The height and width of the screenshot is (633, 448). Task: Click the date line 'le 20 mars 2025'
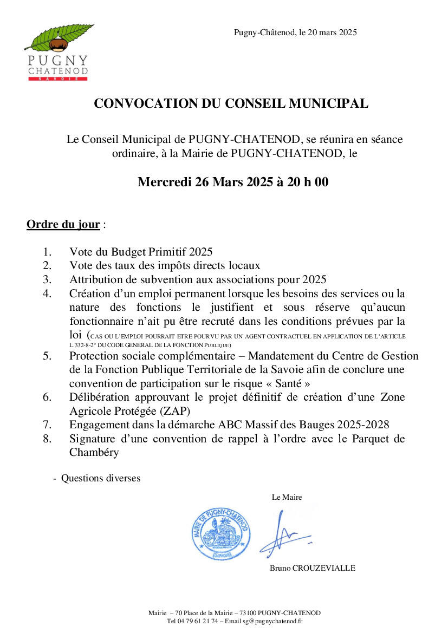(x=328, y=32)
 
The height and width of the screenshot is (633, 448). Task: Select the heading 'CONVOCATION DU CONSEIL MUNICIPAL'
(x=231, y=103)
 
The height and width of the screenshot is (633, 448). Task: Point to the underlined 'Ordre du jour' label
(x=63, y=225)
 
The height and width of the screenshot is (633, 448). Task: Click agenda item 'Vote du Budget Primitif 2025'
(x=141, y=252)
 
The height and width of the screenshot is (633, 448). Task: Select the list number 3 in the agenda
(x=47, y=280)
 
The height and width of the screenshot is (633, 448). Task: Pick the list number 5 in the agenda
(x=47, y=356)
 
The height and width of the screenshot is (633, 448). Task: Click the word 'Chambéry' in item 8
(x=94, y=453)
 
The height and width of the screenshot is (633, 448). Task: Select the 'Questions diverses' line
(x=100, y=478)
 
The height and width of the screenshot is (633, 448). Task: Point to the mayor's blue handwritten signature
(x=282, y=533)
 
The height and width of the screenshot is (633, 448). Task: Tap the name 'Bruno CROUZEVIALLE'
(x=313, y=568)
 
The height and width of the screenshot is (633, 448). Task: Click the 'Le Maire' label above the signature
(x=287, y=497)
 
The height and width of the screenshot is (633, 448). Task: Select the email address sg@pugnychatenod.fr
(x=272, y=621)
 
